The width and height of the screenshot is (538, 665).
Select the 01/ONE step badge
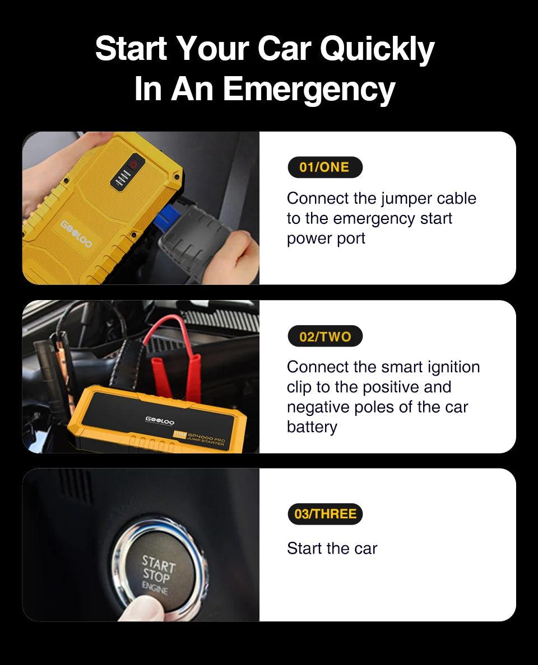(324, 167)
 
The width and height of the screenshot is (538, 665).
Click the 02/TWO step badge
(325, 336)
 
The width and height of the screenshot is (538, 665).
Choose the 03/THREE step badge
(325, 514)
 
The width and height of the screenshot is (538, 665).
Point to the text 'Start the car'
(332, 549)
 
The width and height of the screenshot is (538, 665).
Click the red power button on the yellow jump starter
(133, 165)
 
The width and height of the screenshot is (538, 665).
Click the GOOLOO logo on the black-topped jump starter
(160, 421)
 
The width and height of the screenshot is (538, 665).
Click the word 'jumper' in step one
(408, 198)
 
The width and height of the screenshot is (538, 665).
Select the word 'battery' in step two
(312, 427)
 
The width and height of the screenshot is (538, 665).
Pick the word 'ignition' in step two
(452, 367)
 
